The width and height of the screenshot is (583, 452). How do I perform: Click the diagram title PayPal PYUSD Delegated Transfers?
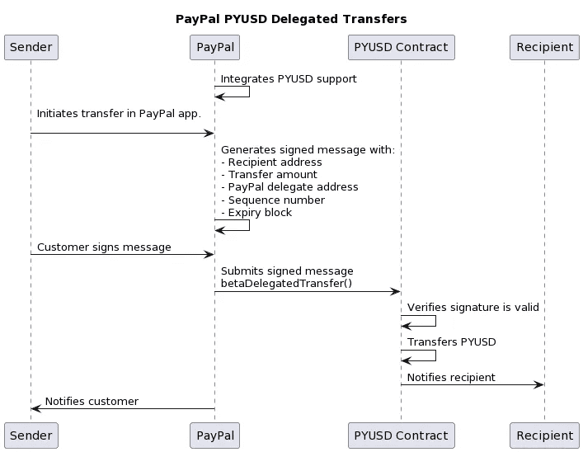click(x=291, y=19)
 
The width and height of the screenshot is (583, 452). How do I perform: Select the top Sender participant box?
click(x=31, y=47)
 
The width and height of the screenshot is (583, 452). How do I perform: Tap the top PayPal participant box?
click(x=214, y=47)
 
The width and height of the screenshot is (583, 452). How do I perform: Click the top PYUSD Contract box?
click(x=401, y=47)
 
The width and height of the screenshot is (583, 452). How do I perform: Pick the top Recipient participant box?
click(x=544, y=47)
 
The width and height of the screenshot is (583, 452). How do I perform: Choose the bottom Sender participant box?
click(x=31, y=435)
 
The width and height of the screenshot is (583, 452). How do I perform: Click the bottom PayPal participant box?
click(x=214, y=435)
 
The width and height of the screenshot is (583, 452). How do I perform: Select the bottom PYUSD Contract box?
click(x=401, y=435)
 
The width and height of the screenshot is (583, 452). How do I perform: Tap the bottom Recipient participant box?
click(x=544, y=435)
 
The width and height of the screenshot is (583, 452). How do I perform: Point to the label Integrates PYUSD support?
click(x=289, y=79)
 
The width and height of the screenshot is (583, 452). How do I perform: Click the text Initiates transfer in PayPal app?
click(x=119, y=114)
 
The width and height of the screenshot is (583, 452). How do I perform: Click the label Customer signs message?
click(x=104, y=247)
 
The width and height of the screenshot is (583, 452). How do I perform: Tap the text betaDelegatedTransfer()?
click(x=286, y=283)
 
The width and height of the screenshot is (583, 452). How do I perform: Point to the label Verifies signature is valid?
click(x=473, y=307)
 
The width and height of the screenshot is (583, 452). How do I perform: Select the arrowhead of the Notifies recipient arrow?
click(x=539, y=384)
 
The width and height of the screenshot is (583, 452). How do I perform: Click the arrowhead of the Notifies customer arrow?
click(x=36, y=408)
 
